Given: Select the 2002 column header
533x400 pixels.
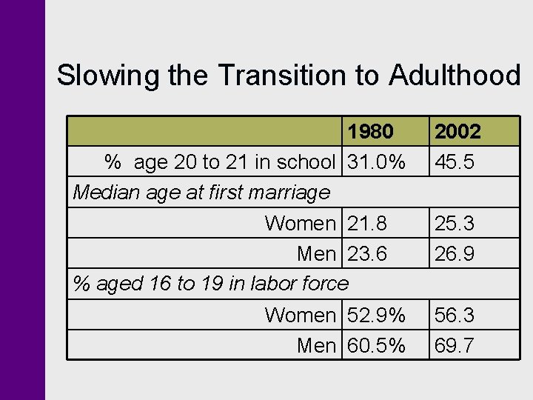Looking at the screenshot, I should (457, 132).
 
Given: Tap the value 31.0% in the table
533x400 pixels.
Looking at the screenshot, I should (377, 162).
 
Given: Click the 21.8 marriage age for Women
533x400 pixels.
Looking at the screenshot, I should (367, 223).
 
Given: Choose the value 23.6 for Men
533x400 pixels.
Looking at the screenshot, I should (367, 254).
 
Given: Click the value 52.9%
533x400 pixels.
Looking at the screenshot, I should (377, 316).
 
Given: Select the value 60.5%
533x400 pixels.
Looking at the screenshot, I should (377, 346).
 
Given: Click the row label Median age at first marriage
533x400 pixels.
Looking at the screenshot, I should (201, 193).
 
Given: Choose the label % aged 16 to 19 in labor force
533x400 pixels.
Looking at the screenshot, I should (210, 284).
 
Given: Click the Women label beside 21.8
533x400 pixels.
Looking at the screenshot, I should (300, 223).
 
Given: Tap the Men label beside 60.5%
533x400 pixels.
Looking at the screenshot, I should (316, 346).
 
